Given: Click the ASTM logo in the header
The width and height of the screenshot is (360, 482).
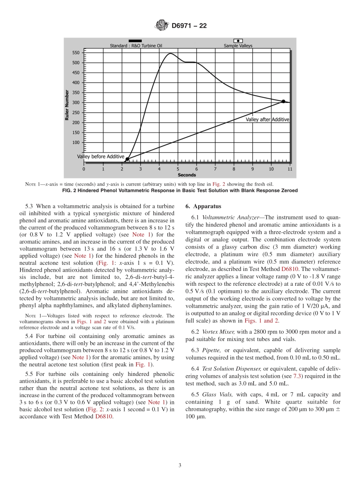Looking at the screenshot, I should click(x=161, y=26).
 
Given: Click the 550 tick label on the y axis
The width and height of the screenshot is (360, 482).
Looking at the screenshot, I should click(x=76, y=53).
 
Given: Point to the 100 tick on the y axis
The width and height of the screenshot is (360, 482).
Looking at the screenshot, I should click(x=76, y=142).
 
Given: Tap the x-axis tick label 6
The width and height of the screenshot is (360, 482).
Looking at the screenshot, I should click(x=196, y=169).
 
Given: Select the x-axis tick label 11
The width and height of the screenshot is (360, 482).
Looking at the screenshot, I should click(x=290, y=169).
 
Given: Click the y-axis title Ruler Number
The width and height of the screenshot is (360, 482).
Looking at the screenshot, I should click(x=67, y=105).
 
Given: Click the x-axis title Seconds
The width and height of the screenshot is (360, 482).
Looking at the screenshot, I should click(x=187, y=175).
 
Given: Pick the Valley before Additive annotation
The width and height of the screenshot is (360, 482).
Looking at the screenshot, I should click(x=101, y=156).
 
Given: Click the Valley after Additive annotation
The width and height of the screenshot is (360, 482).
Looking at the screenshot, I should click(x=267, y=119).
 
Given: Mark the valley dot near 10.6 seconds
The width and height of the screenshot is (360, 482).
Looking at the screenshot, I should click(x=283, y=101).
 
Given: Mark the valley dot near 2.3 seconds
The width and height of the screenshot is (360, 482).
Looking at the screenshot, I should click(x=127, y=160).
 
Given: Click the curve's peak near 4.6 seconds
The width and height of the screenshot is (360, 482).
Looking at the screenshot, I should click(x=170, y=53).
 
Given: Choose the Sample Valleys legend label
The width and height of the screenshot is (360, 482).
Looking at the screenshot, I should click(x=238, y=46).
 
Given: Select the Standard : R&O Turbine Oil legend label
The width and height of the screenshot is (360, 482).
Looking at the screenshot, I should click(x=136, y=46).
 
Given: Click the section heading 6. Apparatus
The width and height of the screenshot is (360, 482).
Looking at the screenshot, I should click(x=203, y=207).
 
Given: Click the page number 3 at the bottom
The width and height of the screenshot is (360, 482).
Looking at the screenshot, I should click(x=180, y=465).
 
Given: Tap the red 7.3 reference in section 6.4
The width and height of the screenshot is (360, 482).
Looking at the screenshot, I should click(x=298, y=376).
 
